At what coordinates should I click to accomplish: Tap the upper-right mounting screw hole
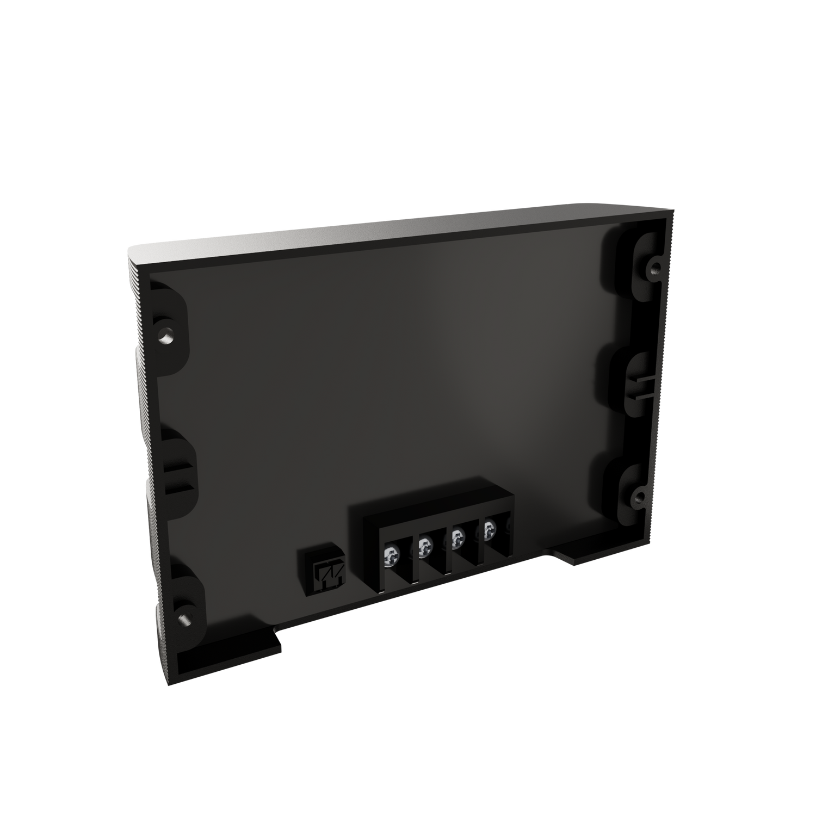tap(656, 267)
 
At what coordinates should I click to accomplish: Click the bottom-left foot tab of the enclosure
tap(228, 658)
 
